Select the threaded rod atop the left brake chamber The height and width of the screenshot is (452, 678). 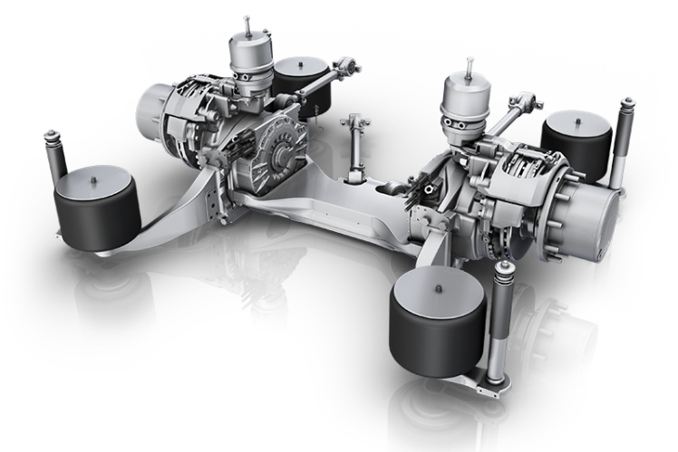(247, 22)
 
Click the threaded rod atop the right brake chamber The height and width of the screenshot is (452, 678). (470, 66)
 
